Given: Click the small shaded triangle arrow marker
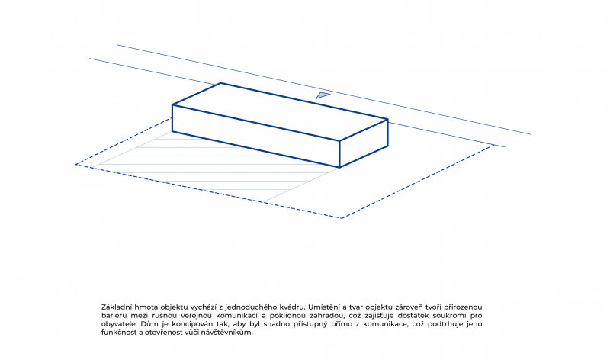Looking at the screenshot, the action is [x=322, y=95].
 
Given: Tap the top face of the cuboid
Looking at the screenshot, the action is [x=280, y=111].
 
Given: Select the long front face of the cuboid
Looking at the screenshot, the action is [x=256, y=137].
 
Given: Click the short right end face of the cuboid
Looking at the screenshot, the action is [x=364, y=143].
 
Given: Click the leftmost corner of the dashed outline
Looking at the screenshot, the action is [x=75, y=164].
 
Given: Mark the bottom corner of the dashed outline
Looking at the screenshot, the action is [x=341, y=218].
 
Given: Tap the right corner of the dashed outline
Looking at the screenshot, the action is [x=494, y=145].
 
